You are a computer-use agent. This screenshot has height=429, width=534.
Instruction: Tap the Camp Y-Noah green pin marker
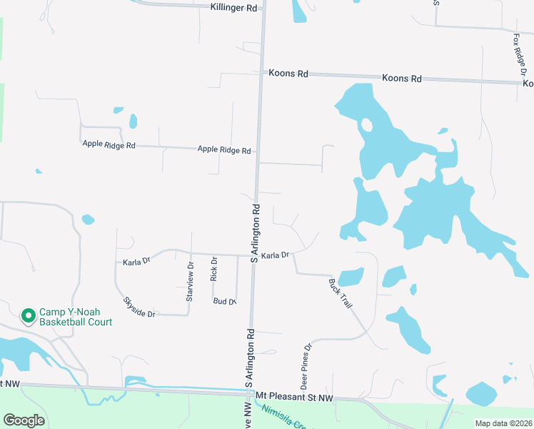pos(29,315)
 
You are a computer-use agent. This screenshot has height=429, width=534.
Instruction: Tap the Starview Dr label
pos(189,281)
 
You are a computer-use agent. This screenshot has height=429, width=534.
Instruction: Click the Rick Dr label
pos(213,270)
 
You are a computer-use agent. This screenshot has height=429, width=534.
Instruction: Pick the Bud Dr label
pos(224,302)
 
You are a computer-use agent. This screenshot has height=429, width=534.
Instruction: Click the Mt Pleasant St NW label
pos(294,396)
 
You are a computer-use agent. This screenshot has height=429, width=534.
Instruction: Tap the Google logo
pos(24,420)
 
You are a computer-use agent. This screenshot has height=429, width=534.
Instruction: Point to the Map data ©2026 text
pos(503,423)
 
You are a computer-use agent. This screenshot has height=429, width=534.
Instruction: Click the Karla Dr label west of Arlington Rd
pos(136,261)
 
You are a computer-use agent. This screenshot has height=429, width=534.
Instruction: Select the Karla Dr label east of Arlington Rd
pos(274,255)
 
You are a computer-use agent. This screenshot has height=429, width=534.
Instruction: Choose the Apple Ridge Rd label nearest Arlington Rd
pos(224,150)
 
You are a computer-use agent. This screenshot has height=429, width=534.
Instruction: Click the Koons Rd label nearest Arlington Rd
pos(288,73)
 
